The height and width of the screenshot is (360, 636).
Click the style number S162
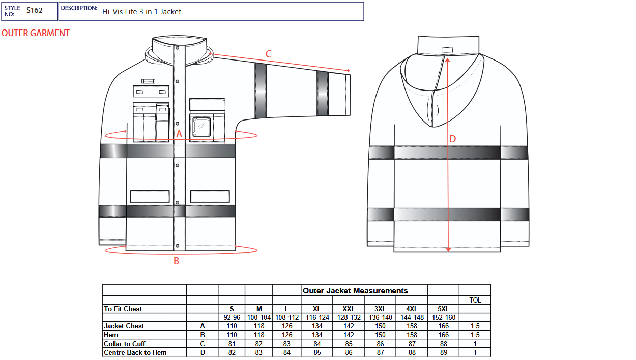[35, 11]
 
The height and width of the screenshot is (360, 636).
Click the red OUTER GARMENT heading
[36, 33]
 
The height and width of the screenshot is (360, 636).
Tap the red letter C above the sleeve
[268, 54]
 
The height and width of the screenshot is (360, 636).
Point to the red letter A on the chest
[179, 134]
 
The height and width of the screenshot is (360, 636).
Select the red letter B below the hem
[177, 261]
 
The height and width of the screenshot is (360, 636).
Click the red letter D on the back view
[453, 139]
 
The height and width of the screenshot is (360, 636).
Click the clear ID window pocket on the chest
[201, 127]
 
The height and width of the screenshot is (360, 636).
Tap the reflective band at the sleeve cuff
[322, 94]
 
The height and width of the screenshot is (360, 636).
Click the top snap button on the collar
[177, 48]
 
